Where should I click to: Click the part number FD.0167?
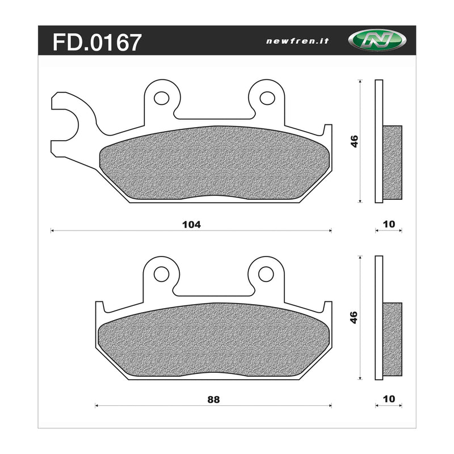96,42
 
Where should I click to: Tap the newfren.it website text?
290,41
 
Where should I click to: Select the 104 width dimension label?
191,224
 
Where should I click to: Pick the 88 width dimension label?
214,399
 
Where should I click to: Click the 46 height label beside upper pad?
354,141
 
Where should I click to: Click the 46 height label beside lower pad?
354,317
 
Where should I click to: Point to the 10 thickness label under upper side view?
389,224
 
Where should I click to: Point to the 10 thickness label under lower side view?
389,399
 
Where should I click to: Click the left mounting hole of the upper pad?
161,98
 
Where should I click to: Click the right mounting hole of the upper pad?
267,98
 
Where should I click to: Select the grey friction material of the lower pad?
214,340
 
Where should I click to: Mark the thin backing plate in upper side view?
379,141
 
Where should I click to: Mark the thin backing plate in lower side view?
379,318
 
